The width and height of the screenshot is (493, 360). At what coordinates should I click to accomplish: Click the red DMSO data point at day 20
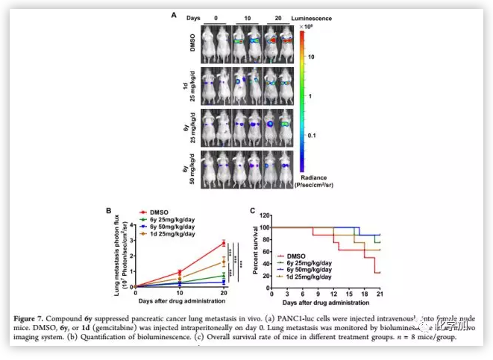(224, 243)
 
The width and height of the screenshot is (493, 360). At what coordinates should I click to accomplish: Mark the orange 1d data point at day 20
(224, 261)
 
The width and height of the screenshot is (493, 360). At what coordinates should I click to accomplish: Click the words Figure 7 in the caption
(29, 320)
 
